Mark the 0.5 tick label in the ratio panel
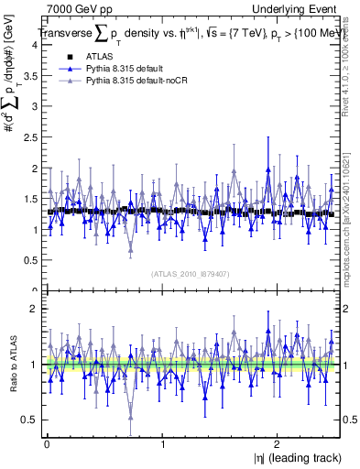pyautogui.click(x=29, y=420)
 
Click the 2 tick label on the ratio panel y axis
pyautogui.click(x=33, y=309)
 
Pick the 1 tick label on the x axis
pyautogui.click(x=162, y=445)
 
